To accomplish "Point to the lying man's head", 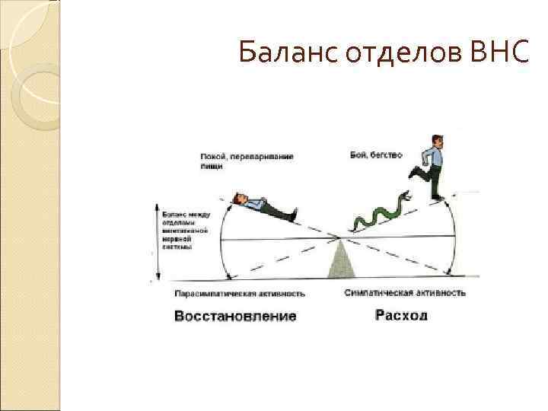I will [238, 199].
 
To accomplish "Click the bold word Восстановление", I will [235, 315].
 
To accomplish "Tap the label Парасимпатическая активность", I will [240, 293].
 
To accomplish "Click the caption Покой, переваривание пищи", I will [247, 161].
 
